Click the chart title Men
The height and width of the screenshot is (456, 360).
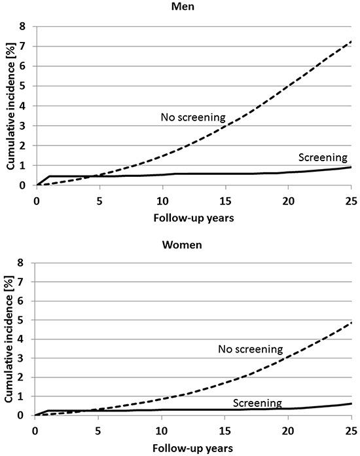(x=194, y=8)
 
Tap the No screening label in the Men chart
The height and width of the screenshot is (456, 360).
(x=193, y=118)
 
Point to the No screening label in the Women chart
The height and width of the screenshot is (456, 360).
(x=251, y=349)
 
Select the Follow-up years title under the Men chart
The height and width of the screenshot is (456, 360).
(x=194, y=217)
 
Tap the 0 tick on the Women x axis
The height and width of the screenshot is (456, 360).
(x=36, y=430)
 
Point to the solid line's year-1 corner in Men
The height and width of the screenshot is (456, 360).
(x=49, y=176)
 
